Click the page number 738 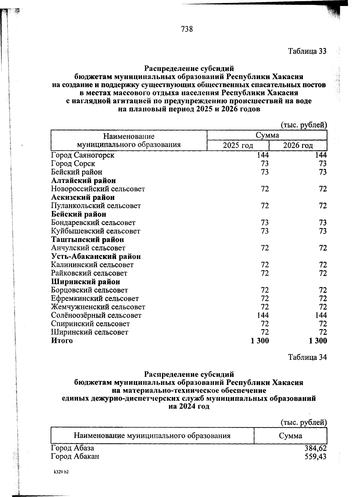[x=187, y=29]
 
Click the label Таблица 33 [x=307, y=51]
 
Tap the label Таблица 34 [x=307, y=357]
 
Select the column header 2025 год [x=238, y=146]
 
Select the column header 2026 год [x=298, y=146]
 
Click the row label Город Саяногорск [x=82, y=155]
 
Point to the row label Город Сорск [x=73, y=164]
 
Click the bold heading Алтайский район [x=83, y=180]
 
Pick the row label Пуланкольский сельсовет [x=96, y=206]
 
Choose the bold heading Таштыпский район [x=87, y=240]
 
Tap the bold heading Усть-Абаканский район [x=96, y=256]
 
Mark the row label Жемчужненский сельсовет [x=98, y=307]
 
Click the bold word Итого [x=62, y=341]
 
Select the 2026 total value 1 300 [x=317, y=341]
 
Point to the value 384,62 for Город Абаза [x=315, y=448]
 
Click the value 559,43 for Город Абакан [x=315, y=457]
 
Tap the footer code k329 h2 [x=61, y=472]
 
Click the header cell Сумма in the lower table [x=290, y=436]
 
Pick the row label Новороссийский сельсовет [x=98, y=189]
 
